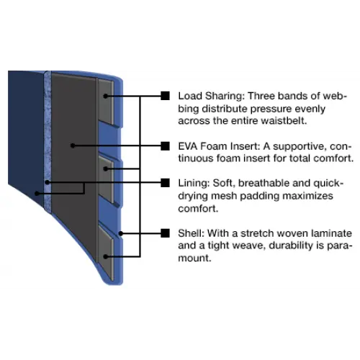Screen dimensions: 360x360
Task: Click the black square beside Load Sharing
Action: [165, 96]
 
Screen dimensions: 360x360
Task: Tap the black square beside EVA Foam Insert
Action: [165, 146]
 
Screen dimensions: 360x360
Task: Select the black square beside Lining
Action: [165, 183]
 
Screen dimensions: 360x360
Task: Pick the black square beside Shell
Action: [165, 233]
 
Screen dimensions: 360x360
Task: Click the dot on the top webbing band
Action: [106, 96]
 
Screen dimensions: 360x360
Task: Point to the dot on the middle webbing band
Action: [106, 169]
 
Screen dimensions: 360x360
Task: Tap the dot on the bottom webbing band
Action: [106, 257]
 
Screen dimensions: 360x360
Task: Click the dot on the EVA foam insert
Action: [73, 145]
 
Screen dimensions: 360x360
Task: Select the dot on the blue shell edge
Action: [121, 233]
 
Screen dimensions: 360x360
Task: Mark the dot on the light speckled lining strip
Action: [48, 183]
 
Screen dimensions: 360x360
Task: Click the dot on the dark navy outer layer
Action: [37, 193]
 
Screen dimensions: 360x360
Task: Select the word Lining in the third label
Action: [194, 184]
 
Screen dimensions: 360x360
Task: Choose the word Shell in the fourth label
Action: [191, 233]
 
